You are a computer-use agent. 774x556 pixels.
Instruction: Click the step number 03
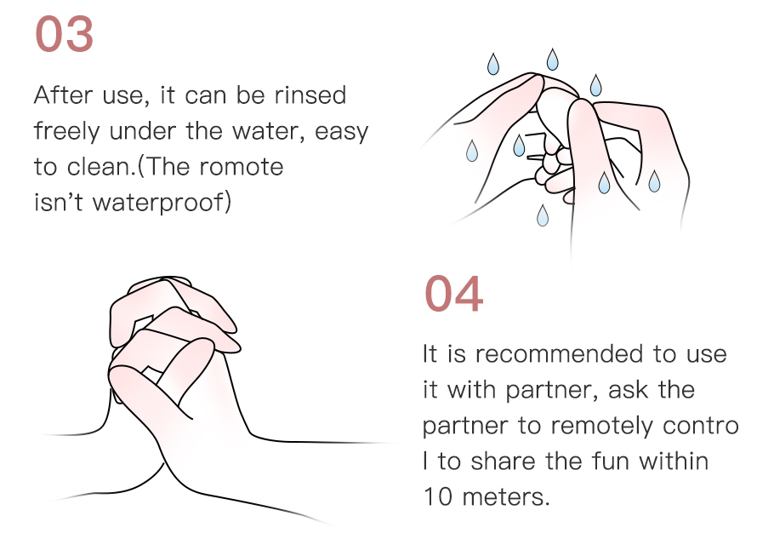click(x=64, y=33)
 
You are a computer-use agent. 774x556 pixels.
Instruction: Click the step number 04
click(x=453, y=294)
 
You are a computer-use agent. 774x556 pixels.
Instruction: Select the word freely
click(x=67, y=131)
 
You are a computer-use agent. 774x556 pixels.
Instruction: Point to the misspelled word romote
click(x=242, y=167)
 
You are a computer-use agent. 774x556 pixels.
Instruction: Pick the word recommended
click(x=560, y=354)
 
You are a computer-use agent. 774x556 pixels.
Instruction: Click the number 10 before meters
click(x=438, y=496)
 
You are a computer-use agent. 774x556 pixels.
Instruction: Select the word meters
click(x=506, y=496)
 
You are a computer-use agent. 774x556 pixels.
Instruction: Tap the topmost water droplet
click(x=552, y=60)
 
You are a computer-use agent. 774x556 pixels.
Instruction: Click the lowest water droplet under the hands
click(x=543, y=215)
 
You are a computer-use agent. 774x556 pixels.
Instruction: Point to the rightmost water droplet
click(x=654, y=181)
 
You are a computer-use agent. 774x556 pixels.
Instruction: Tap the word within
click(x=674, y=461)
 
